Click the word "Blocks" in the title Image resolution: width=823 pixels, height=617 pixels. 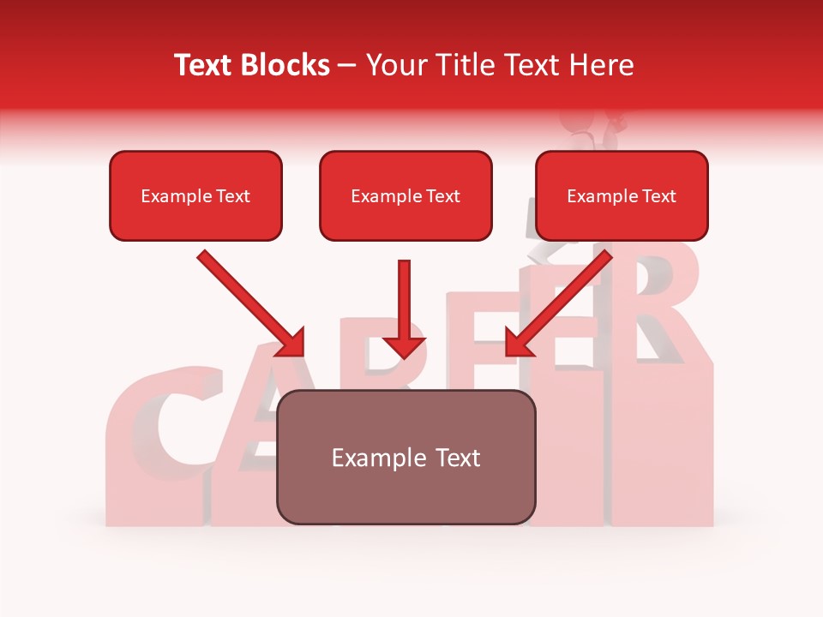pyautogui.click(x=287, y=65)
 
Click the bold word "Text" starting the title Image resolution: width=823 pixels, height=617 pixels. pyautogui.click(x=207, y=65)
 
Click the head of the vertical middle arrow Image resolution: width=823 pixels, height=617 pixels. pyautogui.click(x=404, y=346)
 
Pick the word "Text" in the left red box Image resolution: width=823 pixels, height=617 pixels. pyautogui.click(x=232, y=196)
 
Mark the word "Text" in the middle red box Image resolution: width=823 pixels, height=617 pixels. pyautogui.click(x=442, y=196)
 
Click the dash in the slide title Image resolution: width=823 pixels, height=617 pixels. pyautogui.click(x=347, y=65)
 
